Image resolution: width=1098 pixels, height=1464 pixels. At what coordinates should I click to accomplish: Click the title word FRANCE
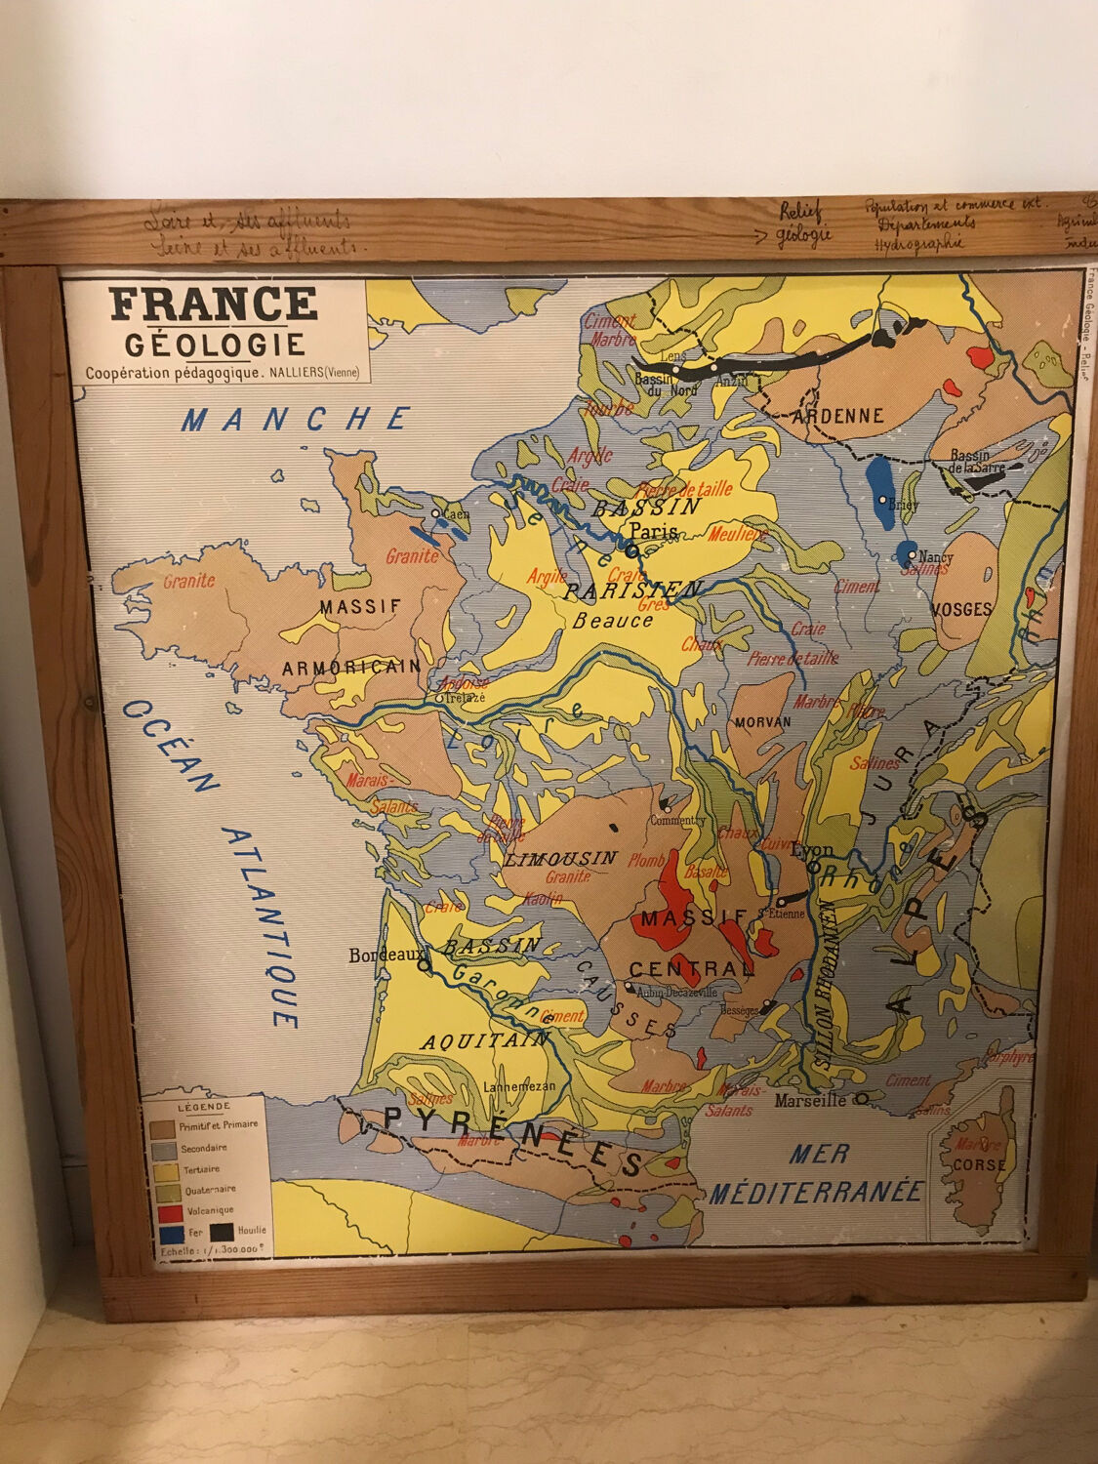click(x=214, y=305)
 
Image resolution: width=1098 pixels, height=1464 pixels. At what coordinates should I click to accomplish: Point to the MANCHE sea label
click(x=296, y=420)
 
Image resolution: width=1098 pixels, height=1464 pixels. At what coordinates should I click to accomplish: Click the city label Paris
click(x=653, y=531)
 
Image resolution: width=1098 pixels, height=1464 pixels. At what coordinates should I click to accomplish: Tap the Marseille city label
click(x=809, y=1100)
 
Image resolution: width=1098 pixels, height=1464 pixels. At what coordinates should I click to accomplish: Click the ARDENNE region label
click(x=837, y=416)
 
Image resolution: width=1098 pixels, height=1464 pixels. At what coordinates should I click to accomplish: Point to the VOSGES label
click(x=961, y=609)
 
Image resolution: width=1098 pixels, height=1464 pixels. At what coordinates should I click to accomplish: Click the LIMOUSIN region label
click(x=561, y=859)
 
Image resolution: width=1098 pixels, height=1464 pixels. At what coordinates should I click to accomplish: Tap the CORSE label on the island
click(x=979, y=1164)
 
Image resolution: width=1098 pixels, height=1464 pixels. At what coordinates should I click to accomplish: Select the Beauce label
click(x=613, y=620)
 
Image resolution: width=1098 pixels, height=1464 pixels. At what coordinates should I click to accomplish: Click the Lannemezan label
click(x=519, y=1086)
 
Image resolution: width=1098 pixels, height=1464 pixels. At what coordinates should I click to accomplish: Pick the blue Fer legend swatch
click(x=163, y=1233)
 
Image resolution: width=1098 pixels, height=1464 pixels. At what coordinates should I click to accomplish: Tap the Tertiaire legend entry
click(x=200, y=1168)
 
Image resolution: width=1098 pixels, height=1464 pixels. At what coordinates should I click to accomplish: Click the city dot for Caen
click(x=436, y=511)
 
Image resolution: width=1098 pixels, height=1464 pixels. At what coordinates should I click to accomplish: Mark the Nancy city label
click(x=935, y=557)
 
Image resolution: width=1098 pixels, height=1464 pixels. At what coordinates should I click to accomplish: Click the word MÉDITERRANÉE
click(x=816, y=1192)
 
